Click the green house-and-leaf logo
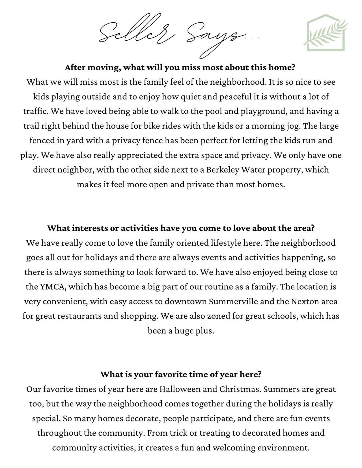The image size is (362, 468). point(326,32)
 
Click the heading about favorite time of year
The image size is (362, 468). point(181,375)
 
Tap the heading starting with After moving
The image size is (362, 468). point(180,68)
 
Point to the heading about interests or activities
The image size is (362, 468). point(181,228)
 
